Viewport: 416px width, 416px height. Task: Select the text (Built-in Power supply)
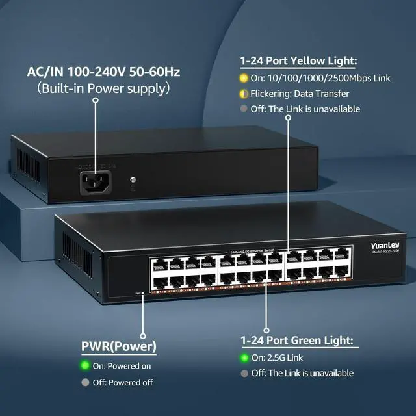[x=95, y=88]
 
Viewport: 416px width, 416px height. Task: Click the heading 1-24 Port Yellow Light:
[x=298, y=62]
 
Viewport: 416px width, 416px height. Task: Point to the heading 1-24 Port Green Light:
[x=296, y=340]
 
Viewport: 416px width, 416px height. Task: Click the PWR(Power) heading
[x=118, y=346]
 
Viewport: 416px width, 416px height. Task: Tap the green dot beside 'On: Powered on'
[x=84, y=365]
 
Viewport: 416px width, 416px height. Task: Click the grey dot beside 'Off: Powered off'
[x=84, y=382]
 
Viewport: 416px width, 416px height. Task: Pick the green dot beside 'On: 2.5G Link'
[x=244, y=357]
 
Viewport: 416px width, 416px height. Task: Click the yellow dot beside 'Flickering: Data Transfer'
[x=244, y=94]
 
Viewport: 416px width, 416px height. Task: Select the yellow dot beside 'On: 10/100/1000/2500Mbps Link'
[x=244, y=78]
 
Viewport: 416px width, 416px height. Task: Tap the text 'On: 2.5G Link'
[x=277, y=357]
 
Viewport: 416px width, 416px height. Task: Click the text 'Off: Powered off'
[x=122, y=382]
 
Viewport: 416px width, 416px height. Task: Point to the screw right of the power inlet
[x=133, y=179]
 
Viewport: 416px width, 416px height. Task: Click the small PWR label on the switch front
[x=138, y=293]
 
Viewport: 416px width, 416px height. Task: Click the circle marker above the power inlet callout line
[x=96, y=101]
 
